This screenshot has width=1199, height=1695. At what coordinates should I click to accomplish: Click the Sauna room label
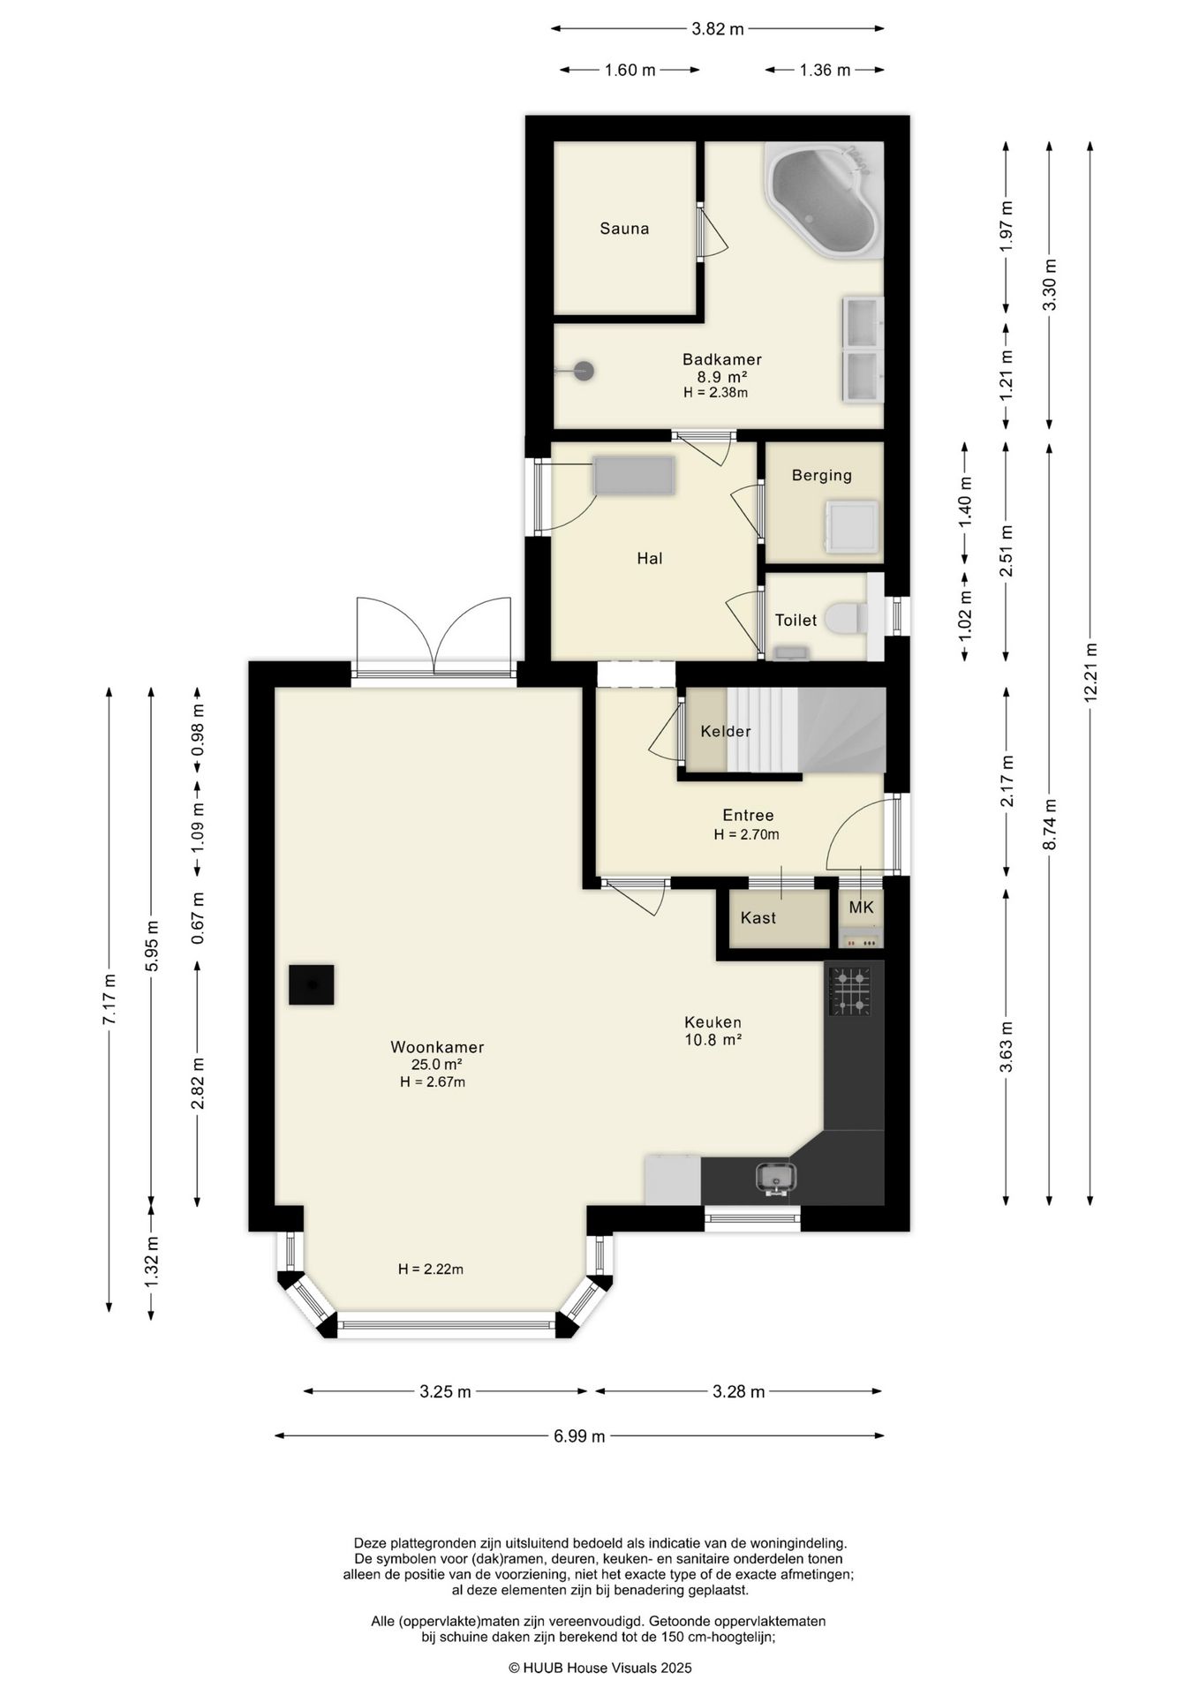pyautogui.click(x=624, y=229)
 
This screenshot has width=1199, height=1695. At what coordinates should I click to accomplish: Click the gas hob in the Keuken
pyautogui.click(x=849, y=991)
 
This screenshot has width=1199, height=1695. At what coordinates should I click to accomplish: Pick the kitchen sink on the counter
pyautogui.click(x=775, y=1179)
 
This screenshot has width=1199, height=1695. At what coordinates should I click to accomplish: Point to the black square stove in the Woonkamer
pyautogui.click(x=311, y=984)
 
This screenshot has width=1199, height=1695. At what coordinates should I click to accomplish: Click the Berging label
pyautogui.click(x=822, y=475)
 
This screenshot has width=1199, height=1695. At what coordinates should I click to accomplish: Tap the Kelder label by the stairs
pyautogui.click(x=726, y=731)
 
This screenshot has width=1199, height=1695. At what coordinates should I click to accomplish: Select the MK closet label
pyautogui.click(x=861, y=907)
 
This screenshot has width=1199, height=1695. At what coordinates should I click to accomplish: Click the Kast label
pyautogui.click(x=758, y=918)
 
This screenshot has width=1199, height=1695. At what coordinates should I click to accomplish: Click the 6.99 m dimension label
pyautogui.click(x=579, y=1436)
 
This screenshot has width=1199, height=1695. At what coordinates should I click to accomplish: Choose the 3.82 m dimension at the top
pyautogui.click(x=718, y=28)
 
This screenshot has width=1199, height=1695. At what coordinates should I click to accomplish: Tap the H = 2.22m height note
pyautogui.click(x=431, y=1269)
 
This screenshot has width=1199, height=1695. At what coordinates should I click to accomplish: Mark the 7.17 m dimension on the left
pyautogui.click(x=109, y=998)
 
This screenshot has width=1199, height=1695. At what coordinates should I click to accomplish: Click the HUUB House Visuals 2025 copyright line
pyautogui.click(x=600, y=1668)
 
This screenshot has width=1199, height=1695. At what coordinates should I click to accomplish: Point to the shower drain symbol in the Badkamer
pyautogui.click(x=582, y=372)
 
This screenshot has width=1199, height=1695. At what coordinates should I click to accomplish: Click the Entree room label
pyautogui.click(x=748, y=816)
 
